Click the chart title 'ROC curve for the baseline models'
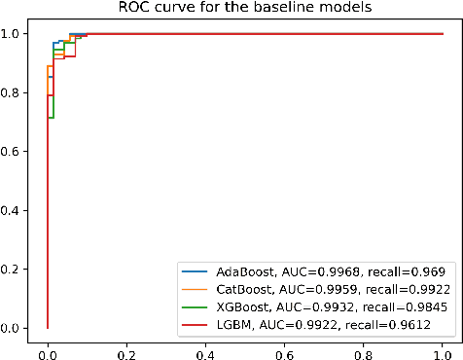click(245, 9)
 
